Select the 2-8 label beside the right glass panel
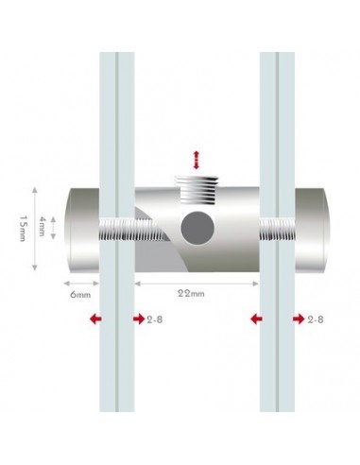pyautogui.click(x=317, y=320)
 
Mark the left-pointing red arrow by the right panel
pyautogui.click(x=254, y=320)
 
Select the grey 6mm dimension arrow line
pyautogui.click(x=81, y=281)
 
